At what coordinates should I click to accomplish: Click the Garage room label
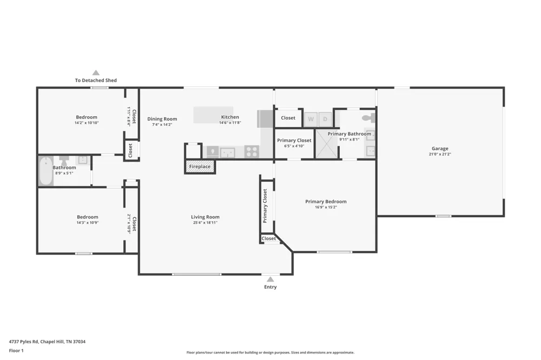(x=440, y=149)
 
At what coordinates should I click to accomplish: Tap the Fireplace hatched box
(x=200, y=166)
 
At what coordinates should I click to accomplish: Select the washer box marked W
(x=311, y=119)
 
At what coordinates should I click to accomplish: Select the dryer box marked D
(x=325, y=119)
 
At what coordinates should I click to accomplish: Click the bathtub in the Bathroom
(x=46, y=171)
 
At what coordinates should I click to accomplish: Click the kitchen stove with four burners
(x=252, y=152)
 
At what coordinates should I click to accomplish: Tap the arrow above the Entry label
(x=270, y=279)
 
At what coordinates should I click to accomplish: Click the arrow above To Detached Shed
(x=96, y=73)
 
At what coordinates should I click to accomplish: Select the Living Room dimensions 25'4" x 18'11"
(x=205, y=223)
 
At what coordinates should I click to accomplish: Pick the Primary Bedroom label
(x=326, y=202)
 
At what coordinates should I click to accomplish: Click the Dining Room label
(x=162, y=119)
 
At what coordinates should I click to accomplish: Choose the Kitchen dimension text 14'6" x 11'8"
(x=230, y=123)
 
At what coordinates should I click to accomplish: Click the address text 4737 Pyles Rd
(x=23, y=342)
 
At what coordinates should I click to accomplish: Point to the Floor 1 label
(x=16, y=351)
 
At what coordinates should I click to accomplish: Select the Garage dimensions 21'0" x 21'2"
(x=440, y=155)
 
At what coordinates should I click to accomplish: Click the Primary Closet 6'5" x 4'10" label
(x=294, y=143)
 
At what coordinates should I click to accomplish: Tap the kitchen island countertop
(x=213, y=115)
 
